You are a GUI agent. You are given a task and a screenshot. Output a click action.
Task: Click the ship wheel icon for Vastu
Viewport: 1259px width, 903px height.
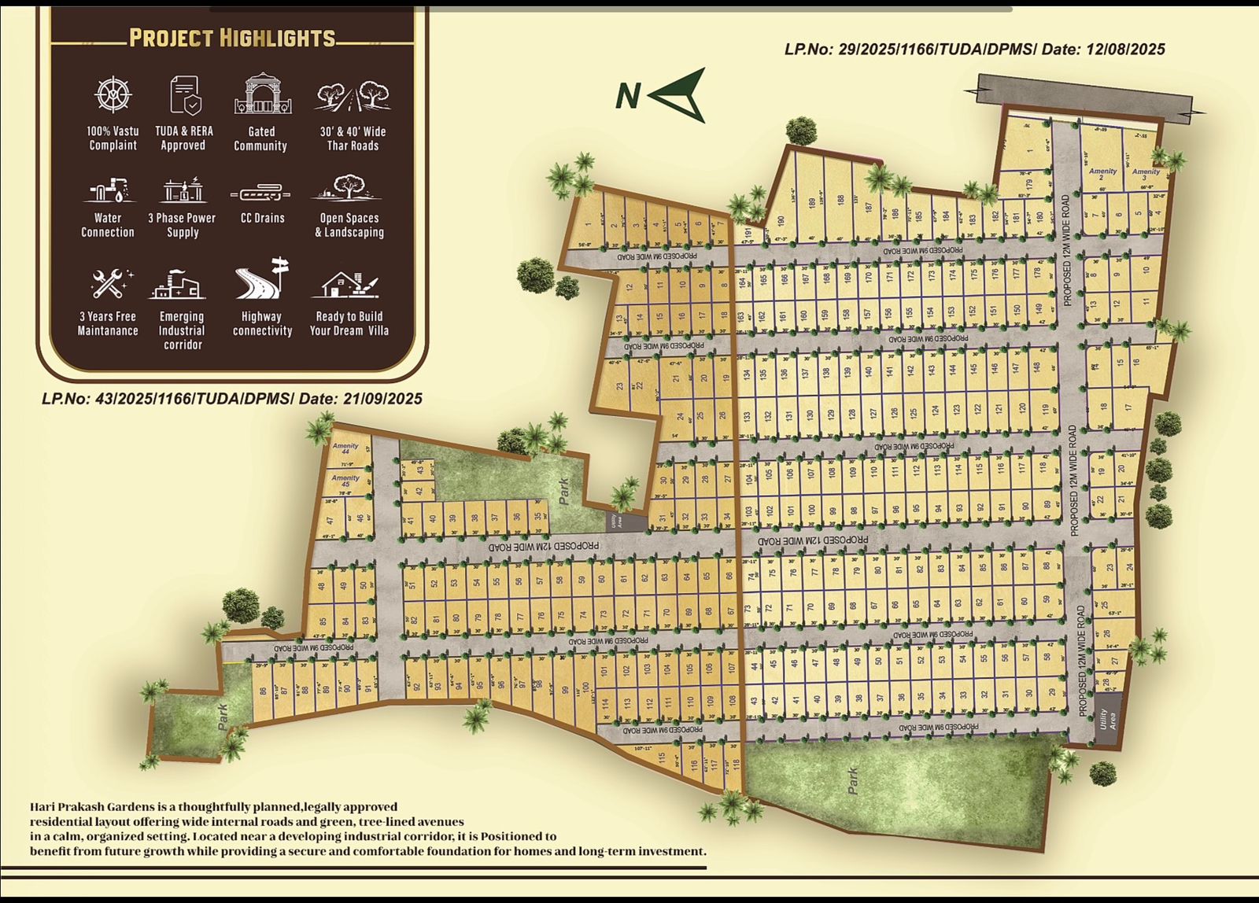coord(113,94)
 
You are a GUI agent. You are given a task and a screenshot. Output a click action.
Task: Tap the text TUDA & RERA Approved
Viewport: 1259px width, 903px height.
coord(183,138)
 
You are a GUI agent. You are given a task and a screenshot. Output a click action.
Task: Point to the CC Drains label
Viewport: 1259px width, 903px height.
coord(262,218)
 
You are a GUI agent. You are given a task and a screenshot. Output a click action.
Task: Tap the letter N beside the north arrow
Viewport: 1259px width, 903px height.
coord(627,96)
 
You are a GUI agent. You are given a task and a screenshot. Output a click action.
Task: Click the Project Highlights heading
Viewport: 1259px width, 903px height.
coord(232,38)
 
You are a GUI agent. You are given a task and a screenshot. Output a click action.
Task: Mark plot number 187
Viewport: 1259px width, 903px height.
coord(869,207)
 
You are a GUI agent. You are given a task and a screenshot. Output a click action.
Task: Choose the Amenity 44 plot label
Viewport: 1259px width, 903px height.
coord(345,448)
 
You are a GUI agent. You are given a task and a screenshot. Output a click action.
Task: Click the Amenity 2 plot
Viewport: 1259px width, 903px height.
coord(1102,174)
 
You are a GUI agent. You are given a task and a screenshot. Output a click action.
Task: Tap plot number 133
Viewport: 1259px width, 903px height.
coord(747,415)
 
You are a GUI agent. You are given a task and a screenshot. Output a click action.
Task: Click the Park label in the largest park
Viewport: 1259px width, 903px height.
coord(853,780)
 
